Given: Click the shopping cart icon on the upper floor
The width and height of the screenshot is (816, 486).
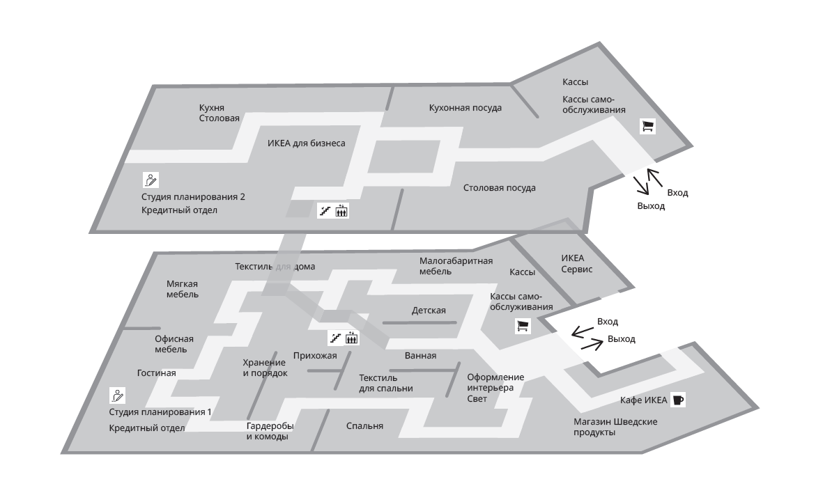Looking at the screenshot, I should click(648, 126).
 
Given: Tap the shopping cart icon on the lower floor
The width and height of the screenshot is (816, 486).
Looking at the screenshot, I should click(523, 325).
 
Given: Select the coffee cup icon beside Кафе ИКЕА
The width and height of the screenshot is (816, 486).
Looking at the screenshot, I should click(679, 400).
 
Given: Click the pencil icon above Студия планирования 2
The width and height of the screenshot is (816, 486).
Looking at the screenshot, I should click(151, 180).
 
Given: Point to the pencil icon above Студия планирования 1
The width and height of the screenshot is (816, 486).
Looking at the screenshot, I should click(118, 395).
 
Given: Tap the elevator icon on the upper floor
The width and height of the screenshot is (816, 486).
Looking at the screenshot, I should click(341, 210).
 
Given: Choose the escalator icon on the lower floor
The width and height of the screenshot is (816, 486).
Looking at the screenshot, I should click(337, 338).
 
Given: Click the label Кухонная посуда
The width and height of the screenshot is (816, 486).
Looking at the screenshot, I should click(465, 107).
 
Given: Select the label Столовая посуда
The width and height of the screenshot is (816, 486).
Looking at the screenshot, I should click(500, 187).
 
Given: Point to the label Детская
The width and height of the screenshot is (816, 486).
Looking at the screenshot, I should click(429, 311).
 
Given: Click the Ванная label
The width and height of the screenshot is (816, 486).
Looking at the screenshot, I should click(420, 355).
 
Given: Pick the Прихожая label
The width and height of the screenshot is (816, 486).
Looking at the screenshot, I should click(315, 356).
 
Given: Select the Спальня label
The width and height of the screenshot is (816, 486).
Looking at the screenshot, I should click(364, 425).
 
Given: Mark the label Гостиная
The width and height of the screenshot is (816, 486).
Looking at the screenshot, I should click(156, 373).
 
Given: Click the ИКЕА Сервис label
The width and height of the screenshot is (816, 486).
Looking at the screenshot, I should click(576, 262).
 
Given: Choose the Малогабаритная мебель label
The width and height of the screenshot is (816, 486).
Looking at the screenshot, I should click(456, 266).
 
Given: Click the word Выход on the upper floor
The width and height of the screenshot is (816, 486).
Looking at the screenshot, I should click(651, 206).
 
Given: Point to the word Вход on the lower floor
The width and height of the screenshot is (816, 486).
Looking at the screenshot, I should click(608, 321).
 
